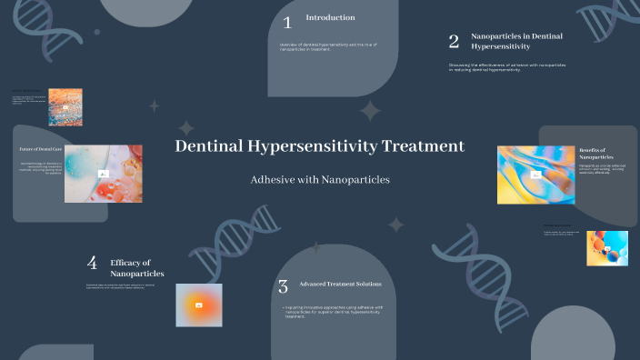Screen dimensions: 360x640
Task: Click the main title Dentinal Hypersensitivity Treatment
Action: [x=319, y=146]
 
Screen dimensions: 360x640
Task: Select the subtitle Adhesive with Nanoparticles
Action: [x=319, y=180]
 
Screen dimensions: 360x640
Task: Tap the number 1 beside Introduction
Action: [x=287, y=23]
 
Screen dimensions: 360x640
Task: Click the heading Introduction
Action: [x=330, y=17]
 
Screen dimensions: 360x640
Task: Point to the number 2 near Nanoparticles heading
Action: [x=454, y=41]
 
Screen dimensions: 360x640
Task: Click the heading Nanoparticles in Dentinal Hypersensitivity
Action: [x=504, y=40]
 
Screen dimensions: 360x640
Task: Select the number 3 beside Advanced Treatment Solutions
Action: [x=283, y=287]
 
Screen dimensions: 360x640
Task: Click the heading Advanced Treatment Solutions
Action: [x=341, y=284]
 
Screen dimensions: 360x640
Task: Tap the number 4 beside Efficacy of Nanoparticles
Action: [x=92, y=263]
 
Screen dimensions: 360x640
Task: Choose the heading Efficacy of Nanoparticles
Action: [x=137, y=267]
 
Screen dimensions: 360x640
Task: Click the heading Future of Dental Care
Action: [x=40, y=148]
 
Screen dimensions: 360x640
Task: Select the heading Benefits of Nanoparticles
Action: [x=592, y=153]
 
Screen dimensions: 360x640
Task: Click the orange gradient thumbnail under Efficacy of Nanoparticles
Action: [x=198, y=305]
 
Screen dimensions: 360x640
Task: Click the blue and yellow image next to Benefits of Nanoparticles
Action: [x=535, y=174]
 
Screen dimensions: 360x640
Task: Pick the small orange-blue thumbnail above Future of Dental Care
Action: [x=65, y=105]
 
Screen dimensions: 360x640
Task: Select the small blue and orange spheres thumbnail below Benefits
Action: [x=606, y=247]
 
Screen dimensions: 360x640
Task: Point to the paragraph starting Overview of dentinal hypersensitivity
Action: [x=322, y=46]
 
